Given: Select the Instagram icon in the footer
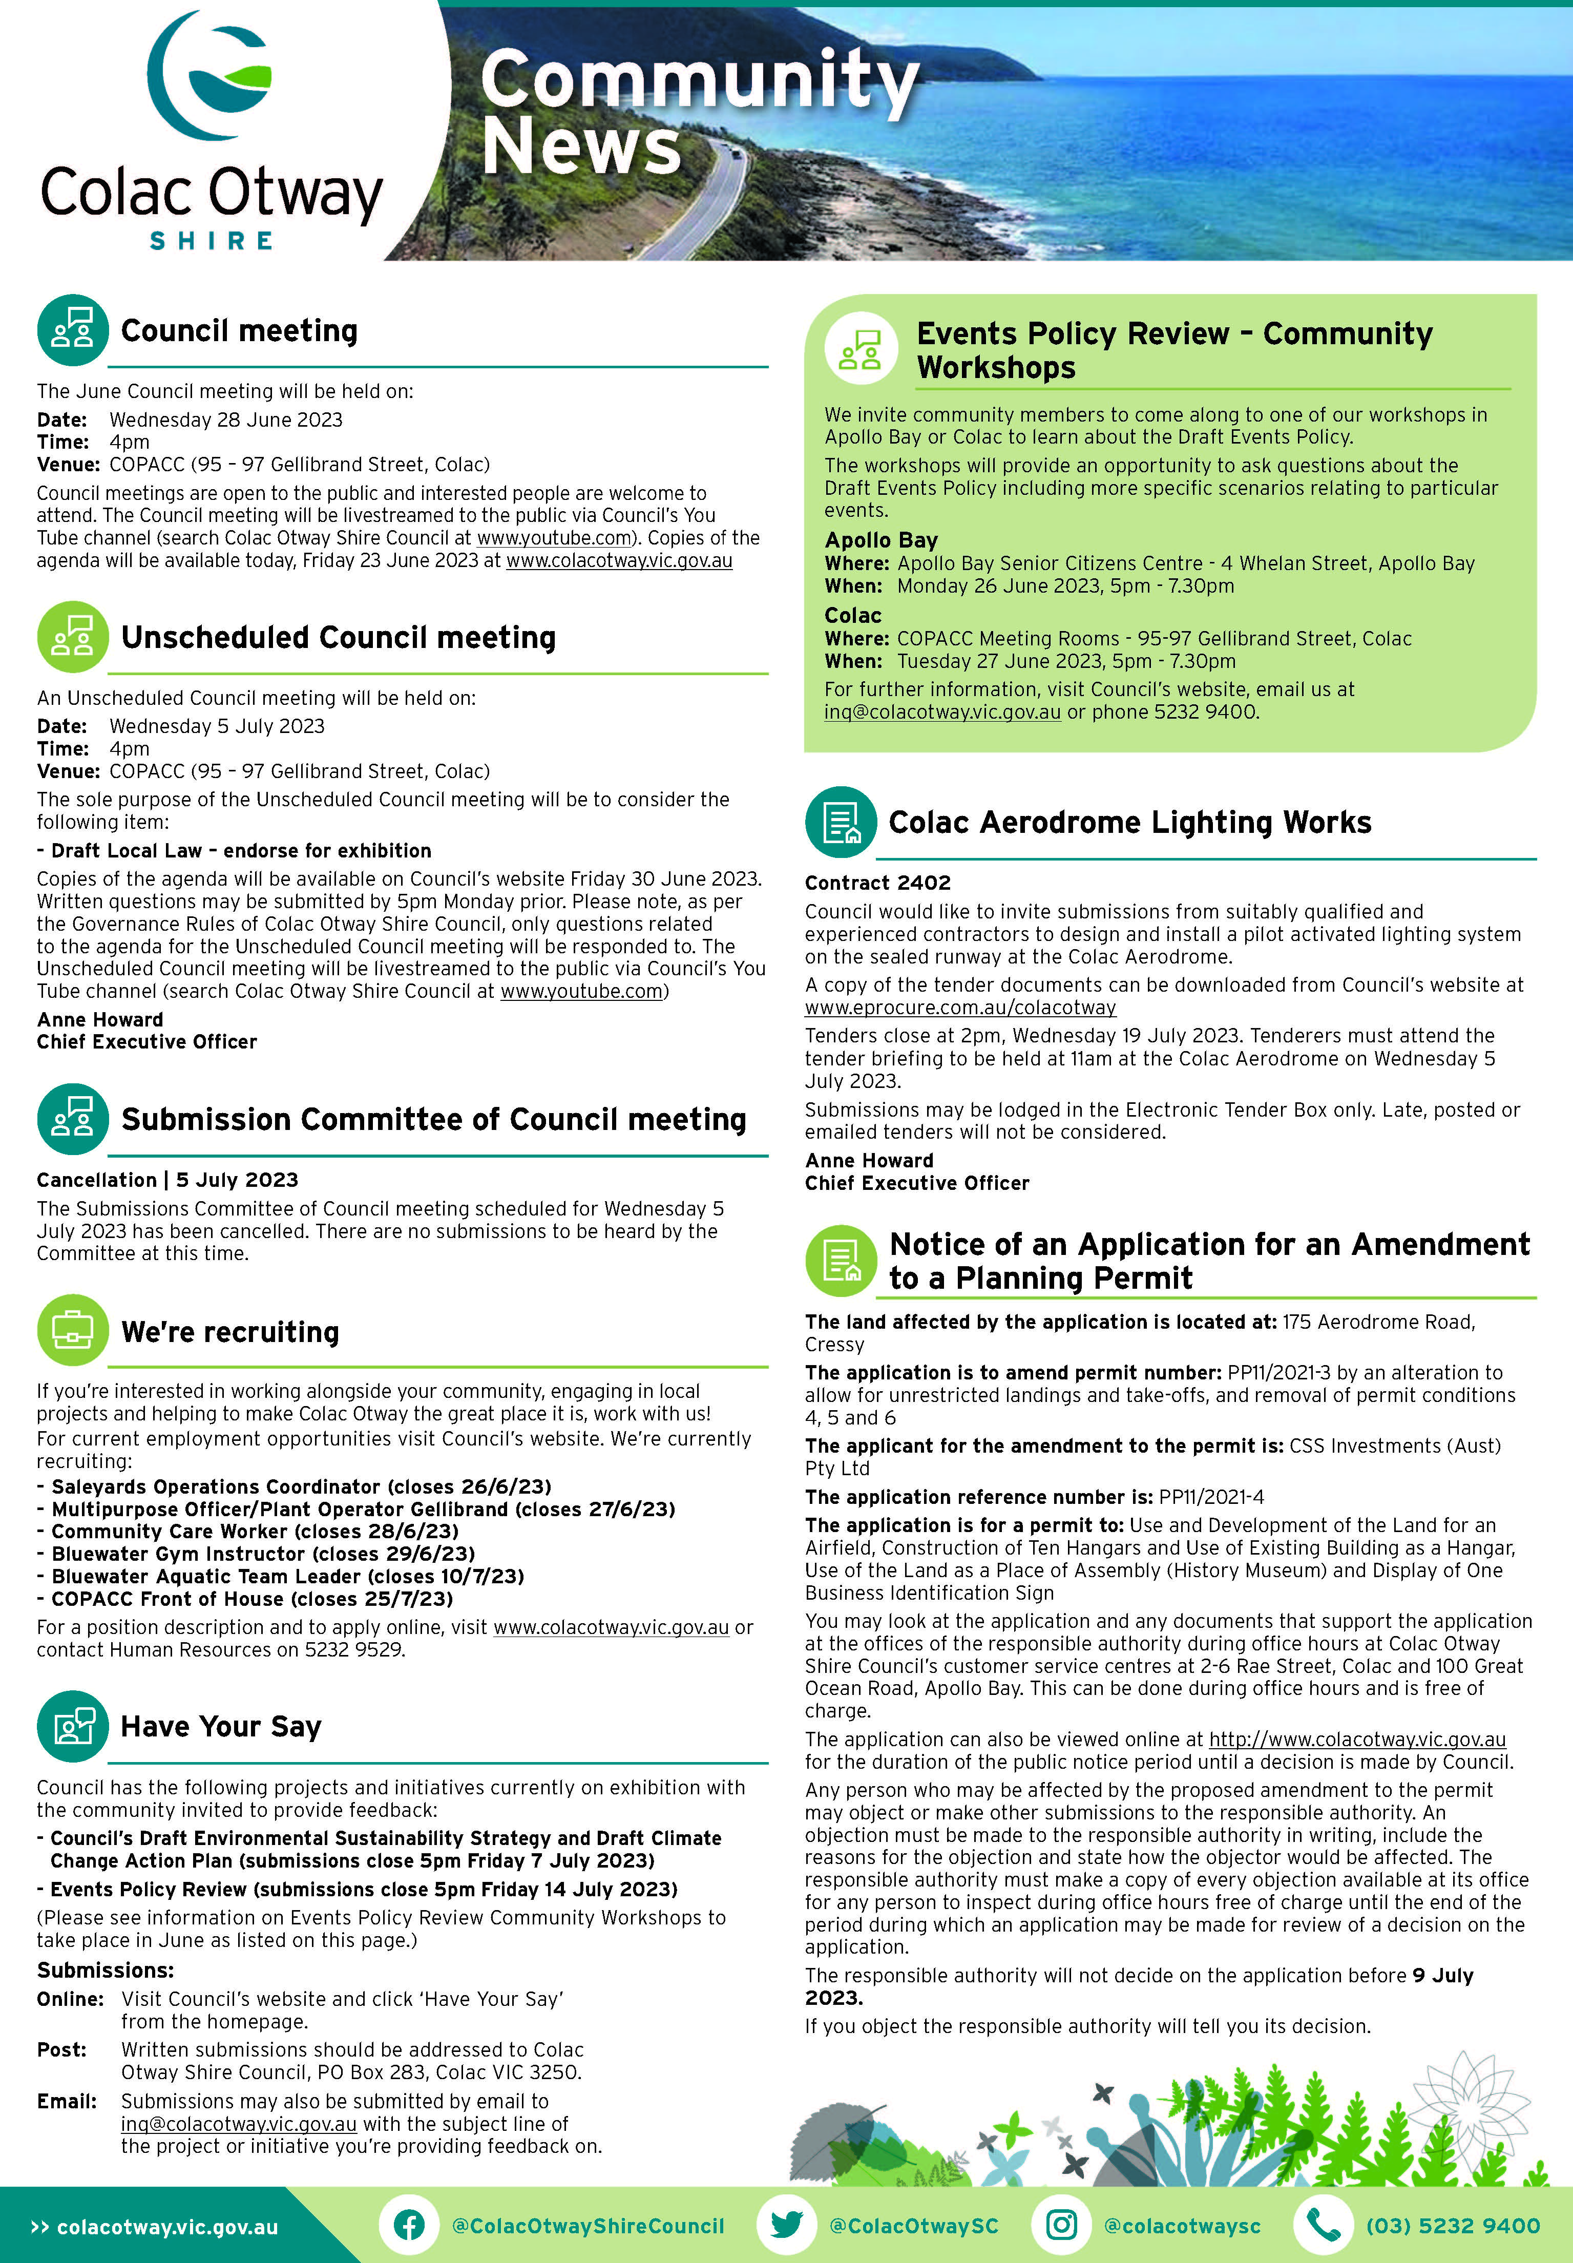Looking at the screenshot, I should point(1060,2226).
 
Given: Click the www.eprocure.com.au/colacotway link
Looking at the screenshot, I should point(960,1008).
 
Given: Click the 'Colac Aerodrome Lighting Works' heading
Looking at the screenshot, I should point(1129,822).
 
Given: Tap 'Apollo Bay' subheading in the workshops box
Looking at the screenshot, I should point(881,539).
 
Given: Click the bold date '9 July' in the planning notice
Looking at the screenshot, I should point(1442,1975).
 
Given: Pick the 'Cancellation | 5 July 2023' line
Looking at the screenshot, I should point(167,1180).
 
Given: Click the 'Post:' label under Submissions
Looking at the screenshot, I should point(62,2049).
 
